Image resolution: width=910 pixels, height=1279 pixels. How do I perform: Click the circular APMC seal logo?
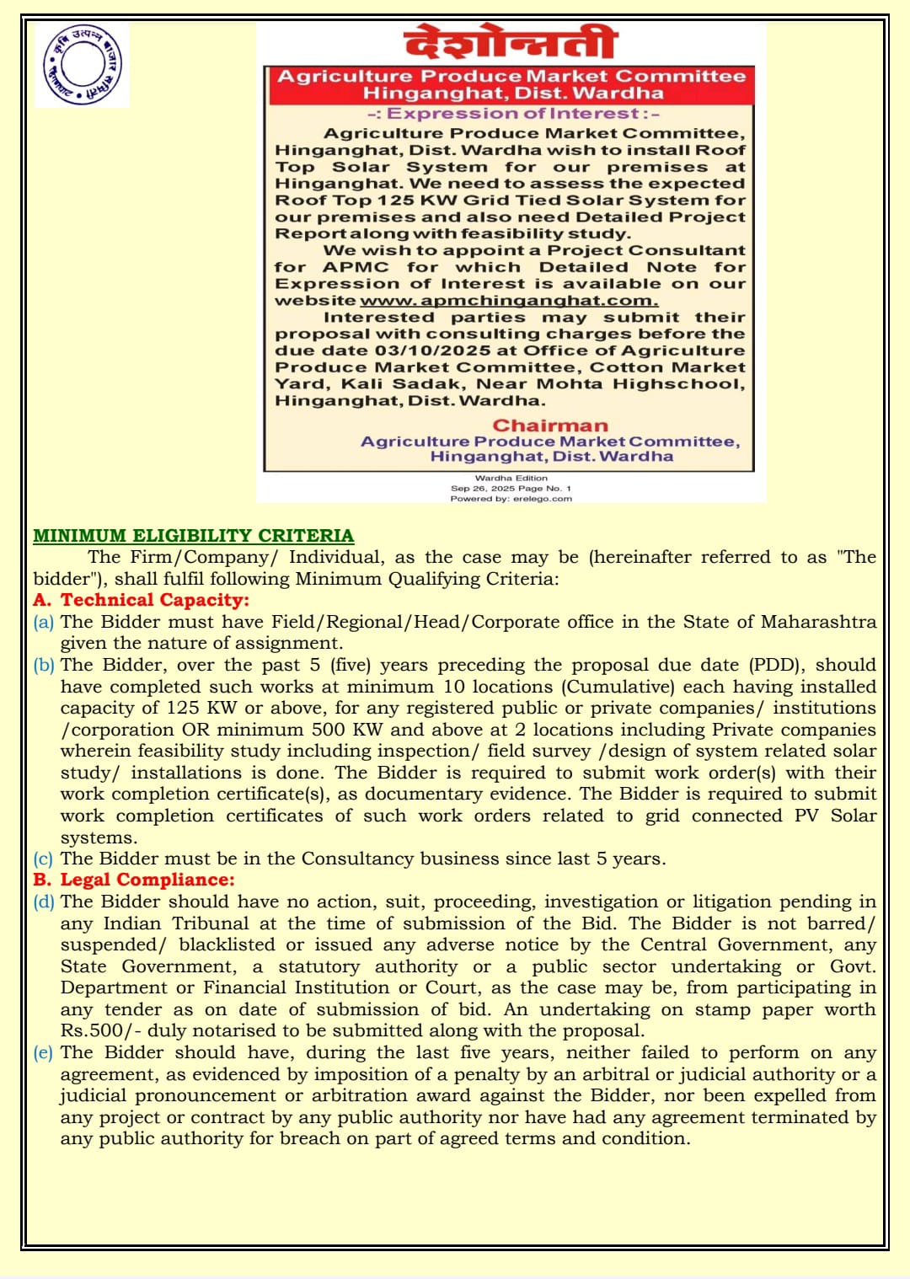pyautogui.click(x=81, y=66)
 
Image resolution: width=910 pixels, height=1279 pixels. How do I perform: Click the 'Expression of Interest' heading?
pyautogui.click(x=513, y=114)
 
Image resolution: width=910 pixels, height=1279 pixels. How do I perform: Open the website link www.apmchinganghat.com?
pyautogui.click(x=509, y=301)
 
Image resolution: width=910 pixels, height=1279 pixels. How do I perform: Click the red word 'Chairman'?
pyautogui.click(x=550, y=425)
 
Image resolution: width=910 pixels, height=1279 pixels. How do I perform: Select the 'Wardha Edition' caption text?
pyautogui.click(x=511, y=478)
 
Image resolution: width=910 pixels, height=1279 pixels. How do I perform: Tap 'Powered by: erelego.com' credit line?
pyautogui.click(x=511, y=499)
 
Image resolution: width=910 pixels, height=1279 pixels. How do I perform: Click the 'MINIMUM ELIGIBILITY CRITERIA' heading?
pyautogui.click(x=194, y=536)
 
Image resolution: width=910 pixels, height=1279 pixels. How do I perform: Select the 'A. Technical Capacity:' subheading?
pyautogui.click(x=142, y=600)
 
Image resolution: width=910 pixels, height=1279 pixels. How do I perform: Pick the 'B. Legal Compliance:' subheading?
pyautogui.click(x=134, y=880)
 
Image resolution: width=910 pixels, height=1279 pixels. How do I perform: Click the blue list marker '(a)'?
pyautogui.click(x=44, y=622)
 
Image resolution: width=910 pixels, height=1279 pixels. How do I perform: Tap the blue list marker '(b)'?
pyautogui.click(x=44, y=665)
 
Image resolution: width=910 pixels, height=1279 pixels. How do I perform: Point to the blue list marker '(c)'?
pyautogui.click(x=44, y=859)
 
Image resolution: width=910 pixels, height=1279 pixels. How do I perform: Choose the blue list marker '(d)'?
pyautogui.click(x=44, y=902)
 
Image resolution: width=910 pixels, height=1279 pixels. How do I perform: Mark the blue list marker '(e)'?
pyautogui.click(x=44, y=1052)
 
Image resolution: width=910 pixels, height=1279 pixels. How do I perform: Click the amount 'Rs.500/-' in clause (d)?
pyautogui.click(x=100, y=1030)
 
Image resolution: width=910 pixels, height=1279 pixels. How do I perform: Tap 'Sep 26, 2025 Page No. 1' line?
pyautogui.click(x=511, y=489)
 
